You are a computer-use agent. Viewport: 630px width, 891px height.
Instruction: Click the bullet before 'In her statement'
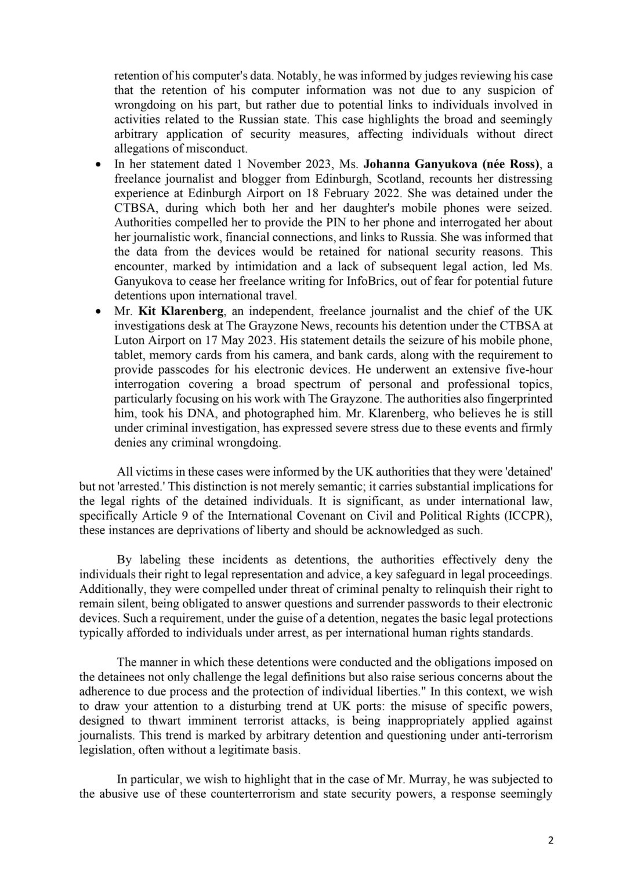tap(99, 164)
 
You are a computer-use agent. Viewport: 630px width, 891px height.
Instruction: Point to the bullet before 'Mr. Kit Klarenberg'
tap(99, 311)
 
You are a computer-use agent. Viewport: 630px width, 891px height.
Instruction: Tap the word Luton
tap(130, 340)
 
